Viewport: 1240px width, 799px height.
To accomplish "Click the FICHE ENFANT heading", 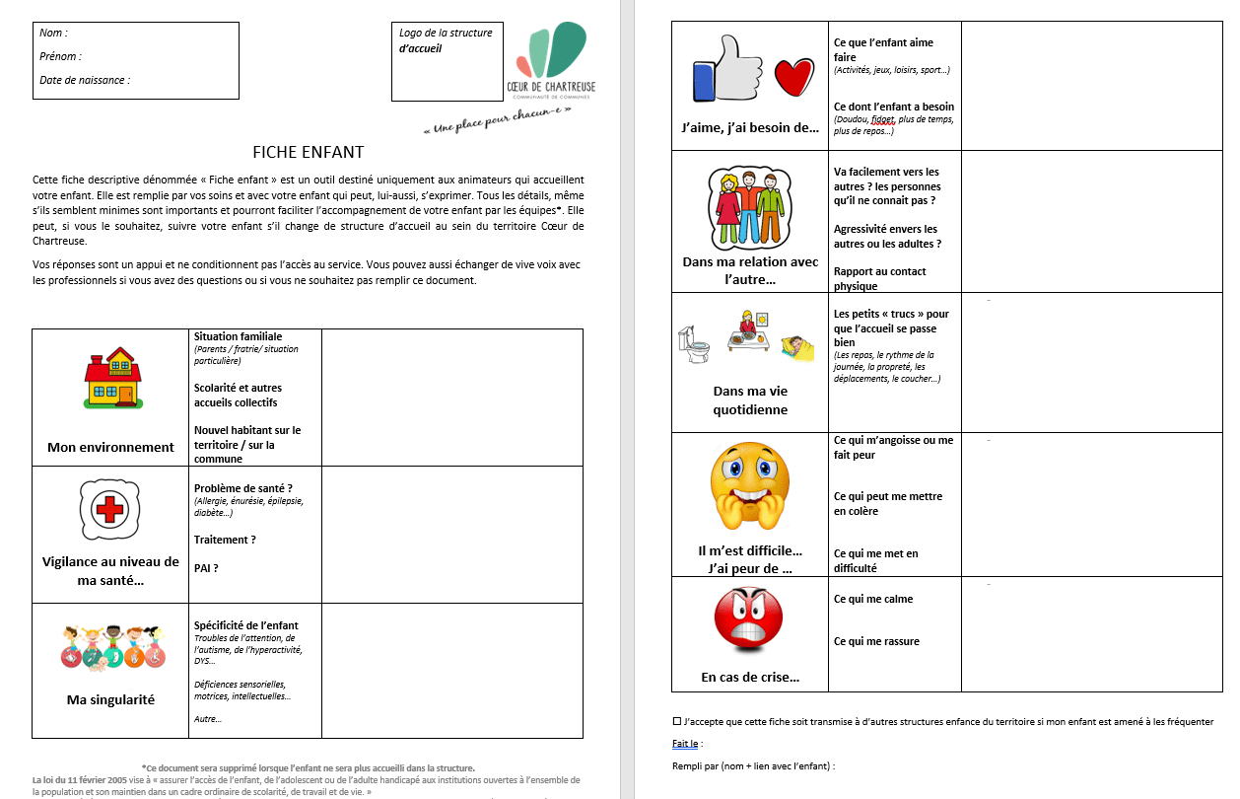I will tap(308, 152).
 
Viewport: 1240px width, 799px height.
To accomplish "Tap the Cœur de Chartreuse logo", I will tap(551, 60).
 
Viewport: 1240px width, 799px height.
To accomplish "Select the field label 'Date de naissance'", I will tap(85, 80).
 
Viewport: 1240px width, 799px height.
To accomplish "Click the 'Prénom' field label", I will tap(60, 56).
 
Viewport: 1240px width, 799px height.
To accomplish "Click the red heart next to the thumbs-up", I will tap(793, 78).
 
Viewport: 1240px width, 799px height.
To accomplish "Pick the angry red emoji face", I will tap(748, 618).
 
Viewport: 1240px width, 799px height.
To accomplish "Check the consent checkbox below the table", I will tap(676, 721).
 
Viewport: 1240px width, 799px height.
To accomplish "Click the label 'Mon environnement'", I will tap(110, 447).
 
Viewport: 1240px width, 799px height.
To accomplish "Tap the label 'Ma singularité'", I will tap(110, 699).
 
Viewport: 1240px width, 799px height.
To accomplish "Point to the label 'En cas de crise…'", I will tap(750, 677).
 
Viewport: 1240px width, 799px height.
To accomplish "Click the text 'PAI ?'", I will tap(206, 568).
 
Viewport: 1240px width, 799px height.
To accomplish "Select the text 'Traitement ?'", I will tap(225, 540).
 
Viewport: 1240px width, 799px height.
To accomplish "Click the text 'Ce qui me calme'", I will tap(873, 599).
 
